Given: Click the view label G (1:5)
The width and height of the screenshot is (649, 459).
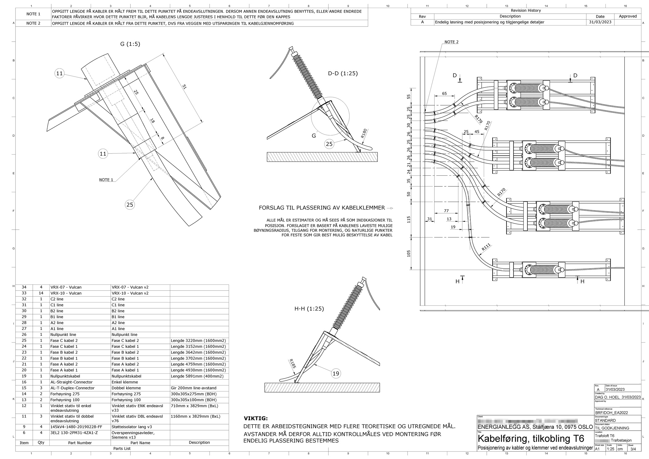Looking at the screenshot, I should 130,44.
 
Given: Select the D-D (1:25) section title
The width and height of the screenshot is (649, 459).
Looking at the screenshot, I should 343,73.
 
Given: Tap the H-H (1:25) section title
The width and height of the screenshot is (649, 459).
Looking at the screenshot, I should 309,309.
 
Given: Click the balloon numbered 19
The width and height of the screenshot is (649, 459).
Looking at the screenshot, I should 336,373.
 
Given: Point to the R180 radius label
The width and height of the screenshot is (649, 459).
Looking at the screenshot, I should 364,133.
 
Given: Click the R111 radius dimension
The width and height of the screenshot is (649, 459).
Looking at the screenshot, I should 486,247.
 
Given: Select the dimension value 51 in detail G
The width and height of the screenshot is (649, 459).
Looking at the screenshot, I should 184,87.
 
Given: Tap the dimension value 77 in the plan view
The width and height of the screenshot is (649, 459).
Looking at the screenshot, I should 446,211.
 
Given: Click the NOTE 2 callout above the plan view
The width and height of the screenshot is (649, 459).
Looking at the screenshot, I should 451,42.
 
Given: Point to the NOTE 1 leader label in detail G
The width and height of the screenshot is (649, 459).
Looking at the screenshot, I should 106,180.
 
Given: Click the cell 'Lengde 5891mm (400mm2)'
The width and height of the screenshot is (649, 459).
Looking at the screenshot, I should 198,376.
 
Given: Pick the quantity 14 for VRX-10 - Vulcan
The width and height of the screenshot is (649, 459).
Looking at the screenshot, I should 41,293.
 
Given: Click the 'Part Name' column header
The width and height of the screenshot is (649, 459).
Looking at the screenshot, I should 140,443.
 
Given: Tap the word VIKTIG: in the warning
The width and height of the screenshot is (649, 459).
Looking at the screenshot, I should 256,419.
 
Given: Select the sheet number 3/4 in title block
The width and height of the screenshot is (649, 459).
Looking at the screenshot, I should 633,449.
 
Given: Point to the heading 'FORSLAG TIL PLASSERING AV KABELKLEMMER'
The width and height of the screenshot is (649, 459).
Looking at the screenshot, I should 322,208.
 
